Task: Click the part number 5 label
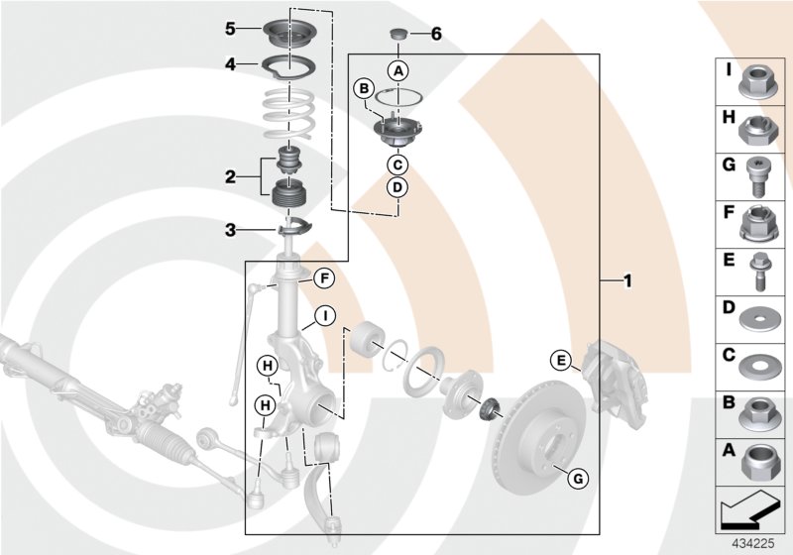229,29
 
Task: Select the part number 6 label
436,34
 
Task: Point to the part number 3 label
229,230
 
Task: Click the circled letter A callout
397,70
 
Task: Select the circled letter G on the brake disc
578,480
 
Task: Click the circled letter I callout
323,317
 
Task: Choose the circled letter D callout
396,186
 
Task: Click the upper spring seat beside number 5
290,31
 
